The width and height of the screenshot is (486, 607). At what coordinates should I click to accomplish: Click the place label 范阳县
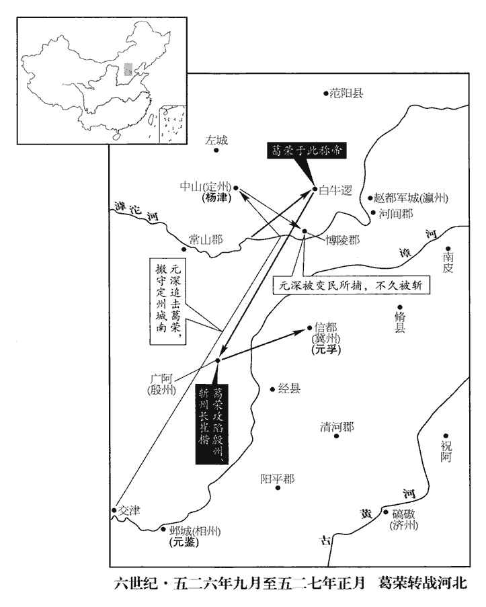[x=347, y=93]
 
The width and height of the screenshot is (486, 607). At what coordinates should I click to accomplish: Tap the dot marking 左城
[x=216, y=150]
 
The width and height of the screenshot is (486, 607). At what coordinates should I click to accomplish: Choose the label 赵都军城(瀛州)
[x=412, y=198]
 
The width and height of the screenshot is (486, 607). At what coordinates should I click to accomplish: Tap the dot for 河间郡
[x=374, y=213]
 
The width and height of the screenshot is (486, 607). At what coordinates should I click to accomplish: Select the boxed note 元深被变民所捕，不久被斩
[x=352, y=284]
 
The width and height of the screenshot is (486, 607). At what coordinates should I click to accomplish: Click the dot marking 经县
[x=272, y=389]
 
